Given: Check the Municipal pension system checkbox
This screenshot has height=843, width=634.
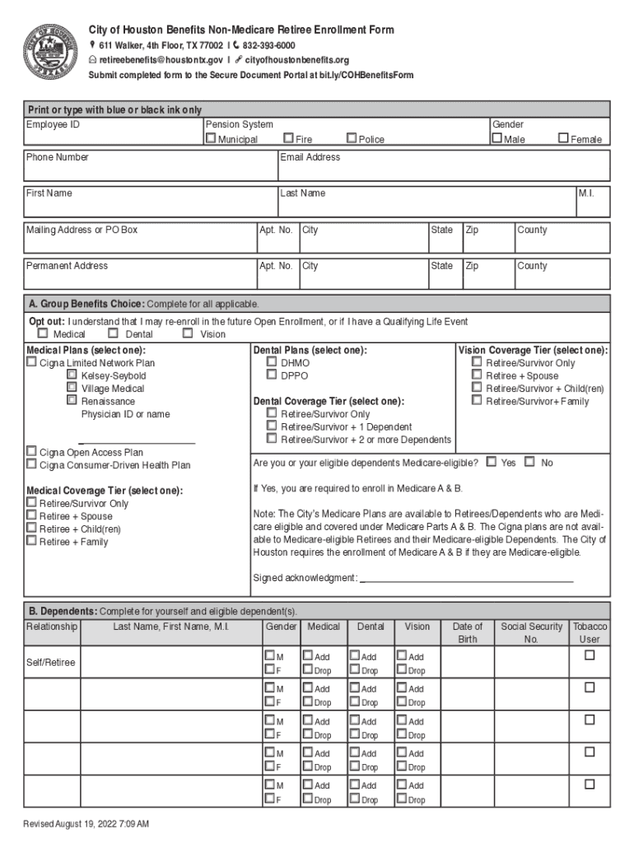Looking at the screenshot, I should (211, 139).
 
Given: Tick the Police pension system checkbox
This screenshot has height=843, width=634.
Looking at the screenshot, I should (352, 139).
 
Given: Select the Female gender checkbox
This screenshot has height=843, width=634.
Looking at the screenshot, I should (564, 139).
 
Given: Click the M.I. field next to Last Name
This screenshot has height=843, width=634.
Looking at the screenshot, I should (593, 203).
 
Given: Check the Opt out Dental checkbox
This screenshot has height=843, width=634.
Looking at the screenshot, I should (114, 334).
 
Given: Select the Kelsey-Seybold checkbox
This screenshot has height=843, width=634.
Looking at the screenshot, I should (72, 375).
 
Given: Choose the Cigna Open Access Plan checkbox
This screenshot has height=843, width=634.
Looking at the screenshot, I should (32, 452).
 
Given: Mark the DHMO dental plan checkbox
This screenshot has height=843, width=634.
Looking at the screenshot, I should (272, 362).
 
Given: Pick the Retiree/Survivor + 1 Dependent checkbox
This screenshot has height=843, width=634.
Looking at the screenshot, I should (272, 426).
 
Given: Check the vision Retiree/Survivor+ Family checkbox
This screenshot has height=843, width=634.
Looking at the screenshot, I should (477, 401).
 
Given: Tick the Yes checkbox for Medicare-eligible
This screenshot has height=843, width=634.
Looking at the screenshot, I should (492, 463).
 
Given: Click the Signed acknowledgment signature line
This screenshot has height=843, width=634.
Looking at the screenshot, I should (466, 578).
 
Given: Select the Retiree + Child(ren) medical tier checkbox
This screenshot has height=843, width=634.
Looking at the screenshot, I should (32, 529).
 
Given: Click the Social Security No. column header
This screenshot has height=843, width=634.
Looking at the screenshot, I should (531, 632).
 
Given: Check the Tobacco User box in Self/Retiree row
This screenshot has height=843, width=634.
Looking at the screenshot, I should (590, 655).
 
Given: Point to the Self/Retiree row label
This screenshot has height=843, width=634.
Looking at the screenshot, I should (51, 662).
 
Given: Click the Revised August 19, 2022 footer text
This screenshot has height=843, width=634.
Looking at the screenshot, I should (86, 824).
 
